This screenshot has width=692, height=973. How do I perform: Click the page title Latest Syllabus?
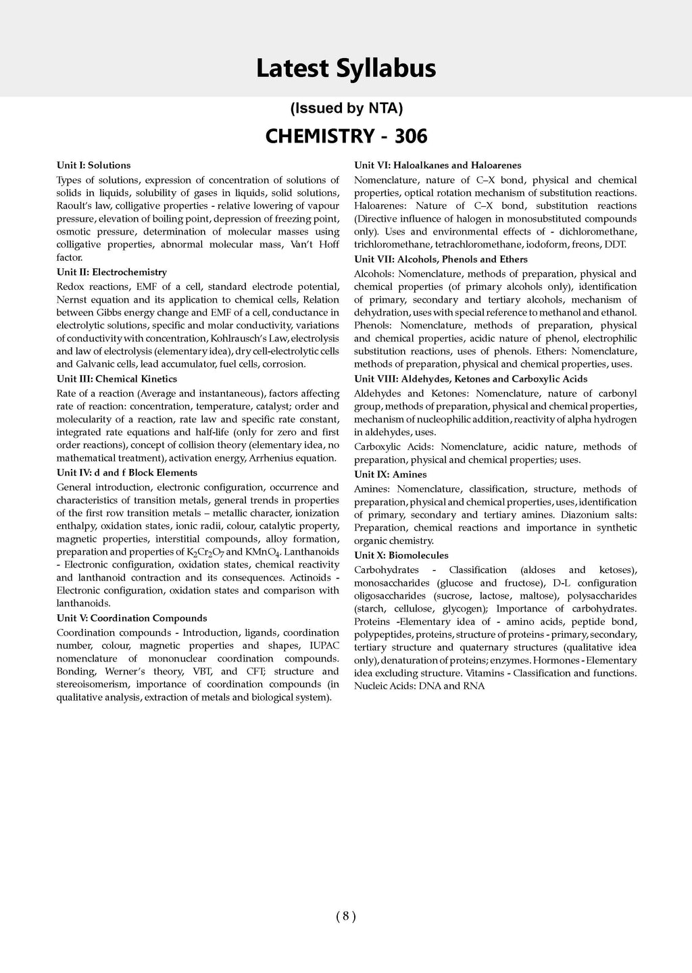coord(345,69)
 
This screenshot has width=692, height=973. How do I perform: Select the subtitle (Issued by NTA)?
coord(346,108)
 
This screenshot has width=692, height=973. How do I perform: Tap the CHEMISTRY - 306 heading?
coord(346,136)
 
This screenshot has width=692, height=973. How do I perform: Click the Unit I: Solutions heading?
coord(94,165)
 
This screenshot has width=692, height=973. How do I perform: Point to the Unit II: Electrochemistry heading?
coord(112,272)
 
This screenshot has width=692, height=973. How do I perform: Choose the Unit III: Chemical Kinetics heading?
coord(117,379)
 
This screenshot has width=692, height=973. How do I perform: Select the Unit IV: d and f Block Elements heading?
coord(127,472)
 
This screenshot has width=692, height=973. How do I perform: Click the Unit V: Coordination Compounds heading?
coord(132,618)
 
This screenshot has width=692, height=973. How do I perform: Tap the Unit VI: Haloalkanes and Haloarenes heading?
coord(438,165)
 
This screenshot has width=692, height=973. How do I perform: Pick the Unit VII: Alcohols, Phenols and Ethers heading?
coord(441,259)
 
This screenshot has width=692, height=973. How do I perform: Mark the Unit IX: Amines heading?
coord(391,474)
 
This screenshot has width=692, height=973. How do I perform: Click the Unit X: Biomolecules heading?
coord(401,555)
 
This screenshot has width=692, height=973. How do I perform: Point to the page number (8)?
coord(345,916)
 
